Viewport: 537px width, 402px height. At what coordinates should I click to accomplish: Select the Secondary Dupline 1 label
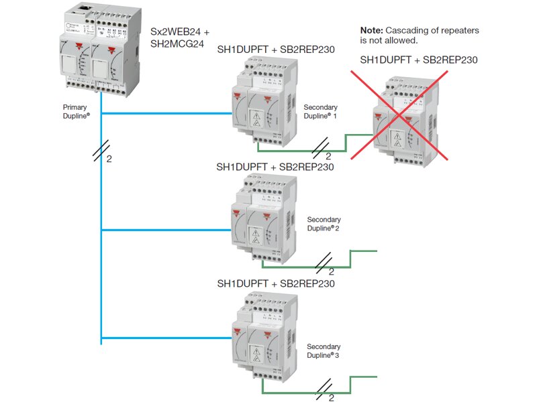pos(320,111)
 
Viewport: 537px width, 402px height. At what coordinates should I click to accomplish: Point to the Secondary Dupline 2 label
pos(324,224)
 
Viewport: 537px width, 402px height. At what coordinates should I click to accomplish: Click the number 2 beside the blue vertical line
pos(109,159)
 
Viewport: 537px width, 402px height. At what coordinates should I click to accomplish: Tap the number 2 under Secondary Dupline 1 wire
pos(328,156)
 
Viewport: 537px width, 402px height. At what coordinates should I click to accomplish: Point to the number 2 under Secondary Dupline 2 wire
pos(331,271)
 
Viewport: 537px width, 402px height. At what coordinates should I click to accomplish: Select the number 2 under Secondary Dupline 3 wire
pos(331,397)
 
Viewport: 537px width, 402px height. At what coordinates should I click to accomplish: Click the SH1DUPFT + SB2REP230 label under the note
pos(419,60)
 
